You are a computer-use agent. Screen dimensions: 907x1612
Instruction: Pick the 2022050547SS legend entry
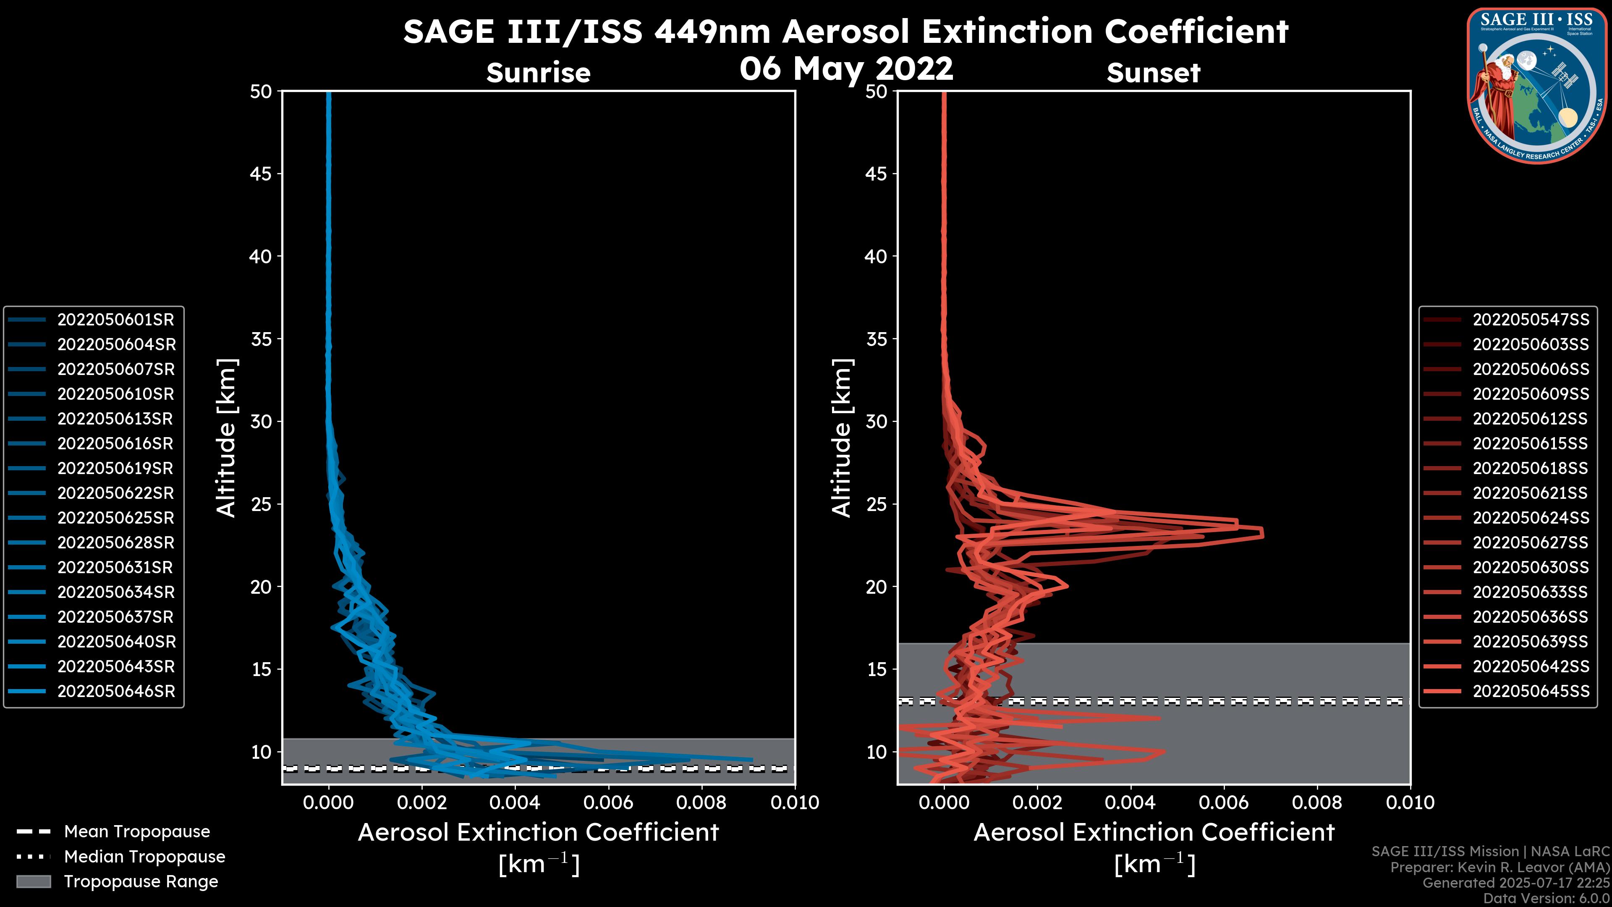[x=1530, y=320]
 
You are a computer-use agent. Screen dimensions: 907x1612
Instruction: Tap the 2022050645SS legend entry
[x=1530, y=692]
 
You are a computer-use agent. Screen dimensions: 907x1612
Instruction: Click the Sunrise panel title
[x=538, y=73]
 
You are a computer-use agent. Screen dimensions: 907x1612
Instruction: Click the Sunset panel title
[x=1153, y=73]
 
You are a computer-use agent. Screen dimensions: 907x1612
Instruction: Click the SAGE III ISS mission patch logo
[x=1535, y=84]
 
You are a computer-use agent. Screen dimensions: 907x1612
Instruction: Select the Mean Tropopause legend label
[x=137, y=832]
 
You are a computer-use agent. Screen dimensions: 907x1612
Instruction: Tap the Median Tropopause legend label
[x=144, y=857]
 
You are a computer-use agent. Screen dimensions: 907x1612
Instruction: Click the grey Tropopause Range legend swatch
[x=33, y=882]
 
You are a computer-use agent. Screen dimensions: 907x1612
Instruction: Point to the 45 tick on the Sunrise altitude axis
[x=261, y=174]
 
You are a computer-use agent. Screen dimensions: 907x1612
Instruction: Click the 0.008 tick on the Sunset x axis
[x=1317, y=802]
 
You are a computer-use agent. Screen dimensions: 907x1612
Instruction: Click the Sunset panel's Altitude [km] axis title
[x=842, y=438]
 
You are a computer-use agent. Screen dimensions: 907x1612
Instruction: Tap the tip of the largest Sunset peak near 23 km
[x=1262, y=534]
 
